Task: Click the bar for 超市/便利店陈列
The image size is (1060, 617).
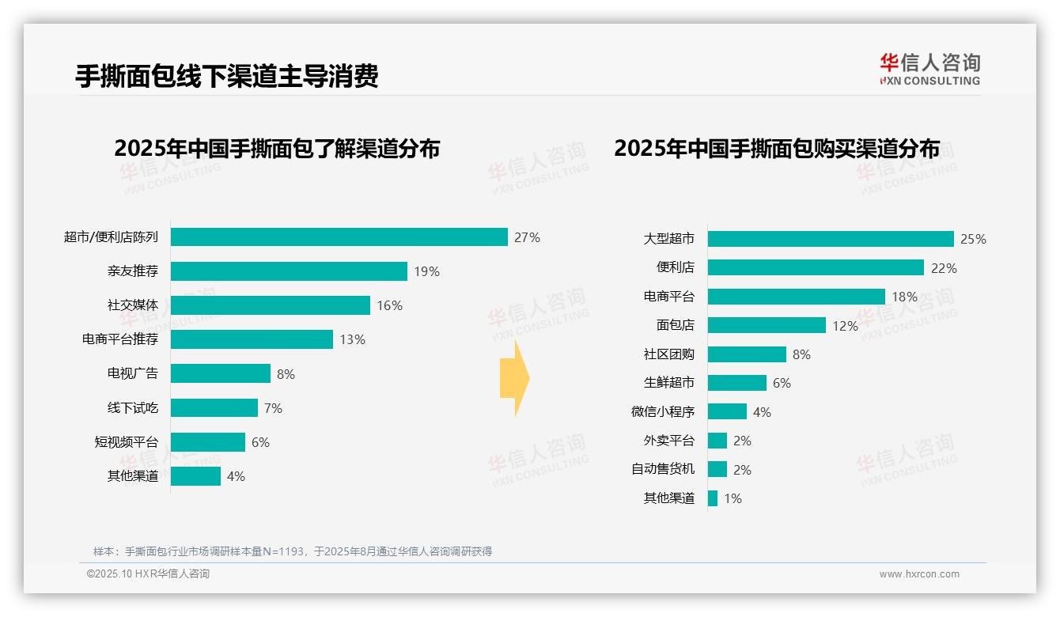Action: pyautogui.click(x=339, y=237)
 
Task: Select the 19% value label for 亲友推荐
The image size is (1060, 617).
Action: pyautogui.click(x=426, y=271)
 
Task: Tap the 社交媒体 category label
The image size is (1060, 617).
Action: pyautogui.click(x=133, y=305)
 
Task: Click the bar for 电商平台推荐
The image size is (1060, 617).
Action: pyautogui.click(x=252, y=339)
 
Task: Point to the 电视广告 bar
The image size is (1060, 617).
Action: pyautogui.click(x=221, y=373)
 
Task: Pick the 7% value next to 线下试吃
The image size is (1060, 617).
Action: pyautogui.click(x=273, y=408)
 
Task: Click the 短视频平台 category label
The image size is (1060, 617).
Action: pyautogui.click(x=127, y=442)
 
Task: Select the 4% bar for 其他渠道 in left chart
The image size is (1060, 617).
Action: pyautogui.click(x=195, y=476)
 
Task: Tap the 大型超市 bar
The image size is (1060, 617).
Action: pyautogui.click(x=831, y=239)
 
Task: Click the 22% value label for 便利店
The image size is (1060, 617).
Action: pyautogui.click(x=944, y=268)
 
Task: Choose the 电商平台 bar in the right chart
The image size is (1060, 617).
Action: pyautogui.click(x=796, y=297)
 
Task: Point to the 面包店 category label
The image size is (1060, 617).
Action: pyautogui.click(x=675, y=325)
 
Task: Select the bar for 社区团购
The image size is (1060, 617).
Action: pyautogui.click(x=747, y=354)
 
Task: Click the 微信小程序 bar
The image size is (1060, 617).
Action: pyautogui.click(x=727, y=411)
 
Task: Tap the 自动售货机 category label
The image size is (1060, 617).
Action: pyautogui.click(x=663, y=469)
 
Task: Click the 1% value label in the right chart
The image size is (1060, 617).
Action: pyautogui.click(x=733, y=498)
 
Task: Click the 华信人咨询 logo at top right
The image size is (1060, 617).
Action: pyautogui.click(x=929, y=69)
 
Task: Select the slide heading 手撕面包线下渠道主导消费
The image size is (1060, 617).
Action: pyautogui.click(x=227, y=75)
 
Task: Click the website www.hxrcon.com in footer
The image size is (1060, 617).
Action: pyautogui.click(x=919, y=574)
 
